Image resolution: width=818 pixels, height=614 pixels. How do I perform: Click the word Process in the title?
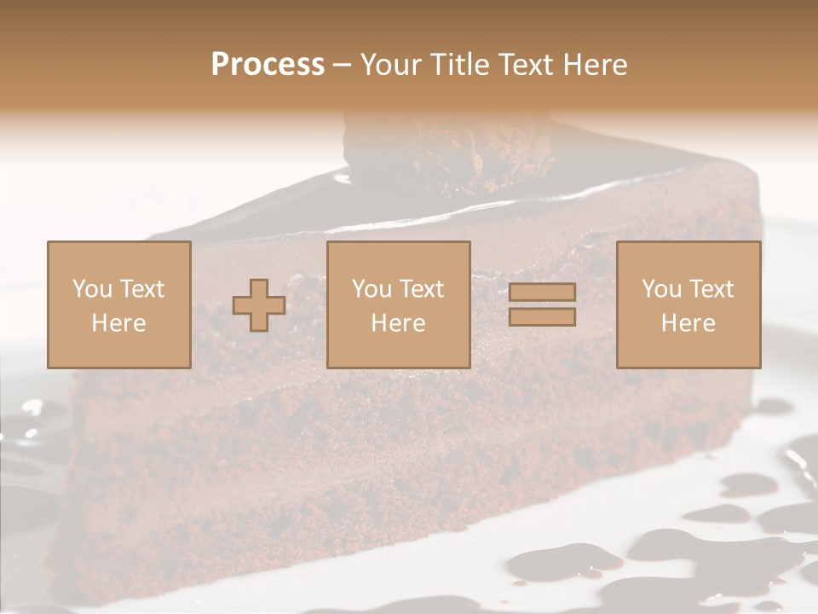pos(268,65)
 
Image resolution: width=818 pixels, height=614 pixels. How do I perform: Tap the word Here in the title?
pos(593,65)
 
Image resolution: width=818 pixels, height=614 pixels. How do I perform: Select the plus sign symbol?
pos(259,305)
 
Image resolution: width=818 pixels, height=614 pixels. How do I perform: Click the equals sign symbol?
pos(542,304)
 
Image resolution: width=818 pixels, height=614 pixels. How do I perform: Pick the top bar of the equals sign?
pos(542,292)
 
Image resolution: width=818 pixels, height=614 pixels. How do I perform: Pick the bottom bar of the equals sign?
pos(542,317)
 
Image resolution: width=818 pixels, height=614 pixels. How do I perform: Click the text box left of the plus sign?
pos(118,304)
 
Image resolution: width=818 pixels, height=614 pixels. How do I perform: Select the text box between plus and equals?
pos(398,304)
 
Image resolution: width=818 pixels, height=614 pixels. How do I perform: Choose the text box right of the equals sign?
pos(688,304)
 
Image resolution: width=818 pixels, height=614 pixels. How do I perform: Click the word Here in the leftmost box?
pos(118,323)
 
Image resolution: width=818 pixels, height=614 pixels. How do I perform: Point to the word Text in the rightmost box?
pos(711,289)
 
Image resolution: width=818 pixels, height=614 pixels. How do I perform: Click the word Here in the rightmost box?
pos(688,323)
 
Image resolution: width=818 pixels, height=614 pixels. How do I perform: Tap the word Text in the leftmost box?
pos(142,289)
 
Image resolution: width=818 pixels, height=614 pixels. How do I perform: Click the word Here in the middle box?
pos(398,323)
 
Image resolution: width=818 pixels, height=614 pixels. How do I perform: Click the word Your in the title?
pos(389,65)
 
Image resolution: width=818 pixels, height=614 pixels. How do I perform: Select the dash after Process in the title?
pos(342,66)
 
